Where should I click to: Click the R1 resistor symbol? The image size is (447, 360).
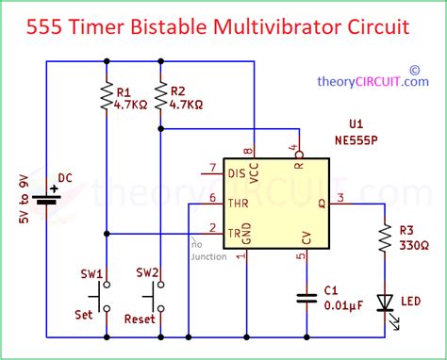click(106, 97)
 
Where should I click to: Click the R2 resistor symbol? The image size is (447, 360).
click(161, 97)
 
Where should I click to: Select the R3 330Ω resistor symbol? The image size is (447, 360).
click(384, 240)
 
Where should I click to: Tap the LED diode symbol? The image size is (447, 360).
click(384, 302)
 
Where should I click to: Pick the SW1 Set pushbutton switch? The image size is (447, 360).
click(106, 299)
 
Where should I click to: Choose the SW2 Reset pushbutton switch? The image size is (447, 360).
click(161, 299)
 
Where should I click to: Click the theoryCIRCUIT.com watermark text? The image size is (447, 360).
click(373, 81)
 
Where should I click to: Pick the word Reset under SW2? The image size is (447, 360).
click(139, 319)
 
